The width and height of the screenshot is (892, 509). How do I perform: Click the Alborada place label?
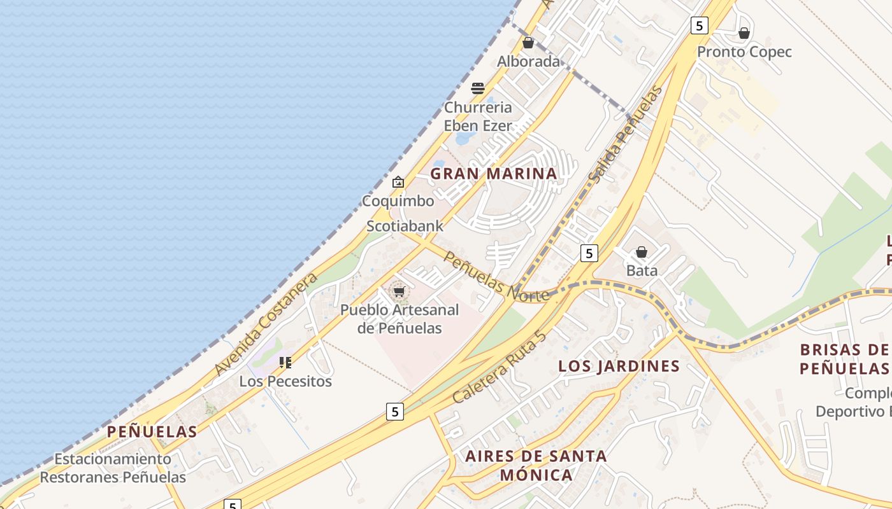coord(528,62)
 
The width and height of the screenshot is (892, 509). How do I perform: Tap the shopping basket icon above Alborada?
coord(528,43)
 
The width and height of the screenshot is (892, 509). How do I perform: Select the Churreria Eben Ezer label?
coord(478,116)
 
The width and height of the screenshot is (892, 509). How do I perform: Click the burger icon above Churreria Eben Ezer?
coord(478,88)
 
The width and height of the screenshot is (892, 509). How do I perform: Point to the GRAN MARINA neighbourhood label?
coord(494,174)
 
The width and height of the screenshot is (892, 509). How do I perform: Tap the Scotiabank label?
coord(405,226)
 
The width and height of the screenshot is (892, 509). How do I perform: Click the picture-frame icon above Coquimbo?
coord(398,183)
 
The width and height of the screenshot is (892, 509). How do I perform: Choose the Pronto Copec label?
coord(744,52)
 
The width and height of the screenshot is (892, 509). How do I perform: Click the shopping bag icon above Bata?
coord(642,252)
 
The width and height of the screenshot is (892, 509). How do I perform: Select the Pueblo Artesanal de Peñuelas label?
coord(399,319)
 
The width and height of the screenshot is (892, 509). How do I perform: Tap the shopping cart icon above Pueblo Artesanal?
coord(399,292)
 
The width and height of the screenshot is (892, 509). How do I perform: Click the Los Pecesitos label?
coord(285,381)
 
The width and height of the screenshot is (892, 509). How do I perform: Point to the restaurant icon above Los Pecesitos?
coord(285,363)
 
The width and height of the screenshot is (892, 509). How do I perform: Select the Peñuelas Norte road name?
coord(496,277)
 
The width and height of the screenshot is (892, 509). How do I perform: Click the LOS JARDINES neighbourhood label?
coord(619,366)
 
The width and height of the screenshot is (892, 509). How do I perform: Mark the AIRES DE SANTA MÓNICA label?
coord(536,465)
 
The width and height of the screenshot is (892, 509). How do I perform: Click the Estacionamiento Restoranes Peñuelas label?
coord(113,468)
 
